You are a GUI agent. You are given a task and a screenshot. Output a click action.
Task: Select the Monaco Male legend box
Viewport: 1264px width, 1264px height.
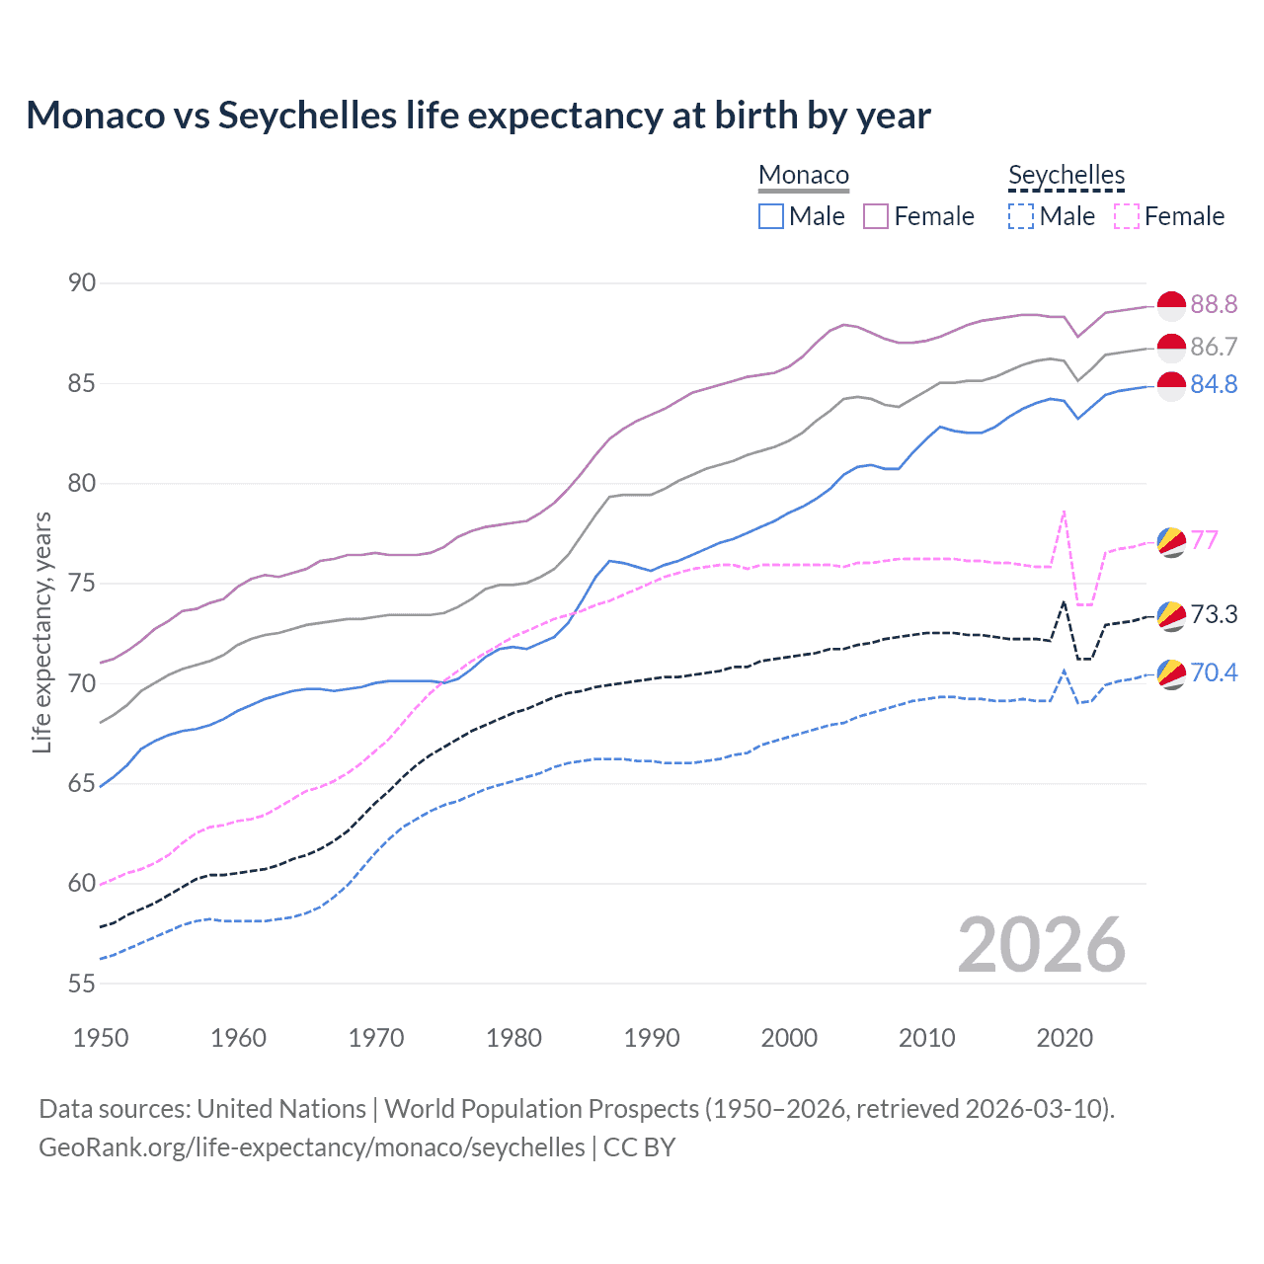click(771, 216)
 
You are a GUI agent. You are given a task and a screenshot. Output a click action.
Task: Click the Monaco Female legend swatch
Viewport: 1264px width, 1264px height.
click(876, 216)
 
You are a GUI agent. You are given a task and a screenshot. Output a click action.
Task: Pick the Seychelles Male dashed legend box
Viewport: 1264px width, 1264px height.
click(1021, 216)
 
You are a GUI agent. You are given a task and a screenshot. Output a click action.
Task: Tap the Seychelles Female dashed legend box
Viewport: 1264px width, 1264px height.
click(1127, 216)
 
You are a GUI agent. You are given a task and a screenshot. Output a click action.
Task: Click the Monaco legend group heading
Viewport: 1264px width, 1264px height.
click(804, 175)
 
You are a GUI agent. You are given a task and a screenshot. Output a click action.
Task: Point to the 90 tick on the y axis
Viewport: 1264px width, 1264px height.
click(82, 283)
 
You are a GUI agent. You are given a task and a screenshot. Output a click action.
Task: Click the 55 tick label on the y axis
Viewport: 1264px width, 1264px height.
click(82, 984)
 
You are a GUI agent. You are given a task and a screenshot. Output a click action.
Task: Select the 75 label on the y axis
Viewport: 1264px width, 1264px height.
click(82, 584)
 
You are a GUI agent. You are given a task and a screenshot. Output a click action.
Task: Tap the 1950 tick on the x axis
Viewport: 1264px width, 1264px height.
click(101, 1038)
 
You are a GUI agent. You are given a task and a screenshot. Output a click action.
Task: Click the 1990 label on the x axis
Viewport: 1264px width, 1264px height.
click(652, 1038)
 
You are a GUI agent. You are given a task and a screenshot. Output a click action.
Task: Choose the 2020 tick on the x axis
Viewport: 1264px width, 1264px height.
click(1065, 1038)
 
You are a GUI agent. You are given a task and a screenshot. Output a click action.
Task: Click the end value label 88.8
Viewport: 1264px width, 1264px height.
click(1214, 304)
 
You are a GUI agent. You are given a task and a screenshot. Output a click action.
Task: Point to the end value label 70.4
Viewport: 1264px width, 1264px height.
click(1214, 672)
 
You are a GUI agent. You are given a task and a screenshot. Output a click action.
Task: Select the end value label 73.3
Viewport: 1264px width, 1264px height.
click(1214, 614)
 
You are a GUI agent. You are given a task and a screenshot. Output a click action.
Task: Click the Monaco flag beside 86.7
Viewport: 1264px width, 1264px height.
click(1171, 348)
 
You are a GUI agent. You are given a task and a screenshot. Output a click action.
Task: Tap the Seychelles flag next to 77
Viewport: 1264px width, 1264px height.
click(1171, 541)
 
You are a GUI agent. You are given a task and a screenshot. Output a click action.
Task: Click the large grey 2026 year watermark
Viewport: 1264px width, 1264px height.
click(1042, 945)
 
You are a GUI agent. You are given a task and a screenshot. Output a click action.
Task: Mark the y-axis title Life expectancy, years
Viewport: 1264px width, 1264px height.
click(41, 632)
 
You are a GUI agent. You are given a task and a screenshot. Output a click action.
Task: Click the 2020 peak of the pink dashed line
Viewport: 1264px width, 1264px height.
click(1064, 512)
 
